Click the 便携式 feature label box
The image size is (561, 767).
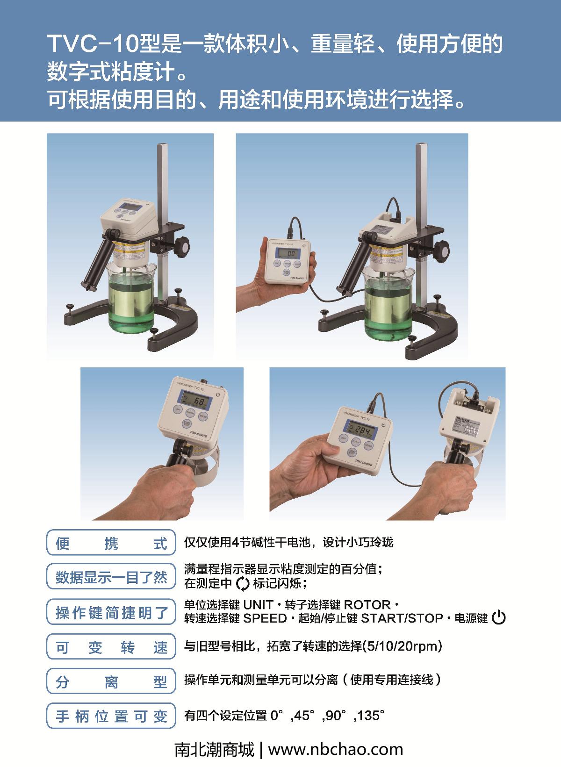tap(111, 543)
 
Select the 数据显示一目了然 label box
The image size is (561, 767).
tap(111, 577)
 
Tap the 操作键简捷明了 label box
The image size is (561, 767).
tap(111, 612)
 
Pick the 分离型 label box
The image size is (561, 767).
tap(111, 681)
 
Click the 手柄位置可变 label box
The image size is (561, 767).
tap(111, 716)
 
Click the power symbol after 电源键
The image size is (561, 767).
tap(499, 618)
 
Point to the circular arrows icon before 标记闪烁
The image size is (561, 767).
tap(243, 584)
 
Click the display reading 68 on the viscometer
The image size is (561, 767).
tap(199, 401)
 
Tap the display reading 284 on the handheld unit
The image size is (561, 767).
tap(362, 430)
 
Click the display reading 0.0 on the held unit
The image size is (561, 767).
tap(291, 254)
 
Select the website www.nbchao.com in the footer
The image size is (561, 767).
tap(335, 750)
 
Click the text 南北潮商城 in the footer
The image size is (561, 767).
tap(215, 750)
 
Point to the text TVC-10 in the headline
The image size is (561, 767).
tap(93, 44)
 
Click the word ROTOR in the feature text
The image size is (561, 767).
tap(367, 605)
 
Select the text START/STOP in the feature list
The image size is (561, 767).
tap(402, 618)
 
